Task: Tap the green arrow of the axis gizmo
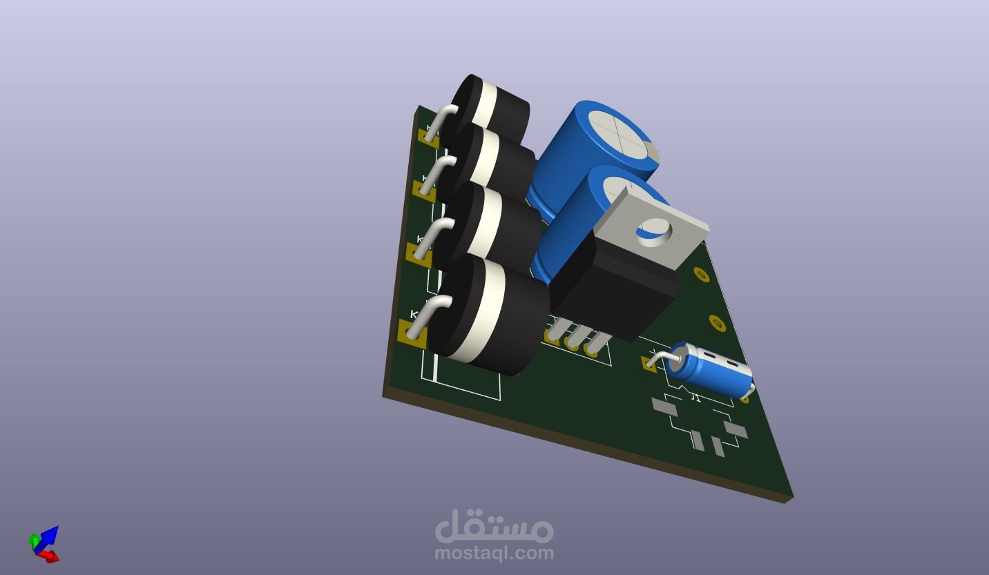click(x=34, y=540)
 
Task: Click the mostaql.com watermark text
click(x=494, y=553)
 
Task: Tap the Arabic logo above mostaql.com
click(x=494, y=527)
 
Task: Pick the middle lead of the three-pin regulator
click(x=573, y=339)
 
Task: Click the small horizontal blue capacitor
click(x=711, y=371)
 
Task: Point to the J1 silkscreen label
click(x=695, y=398)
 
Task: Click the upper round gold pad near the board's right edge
click(x=701, y=275)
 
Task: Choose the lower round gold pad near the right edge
click(x=717, y=322)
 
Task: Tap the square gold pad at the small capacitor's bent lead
click(x=649, y=363)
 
